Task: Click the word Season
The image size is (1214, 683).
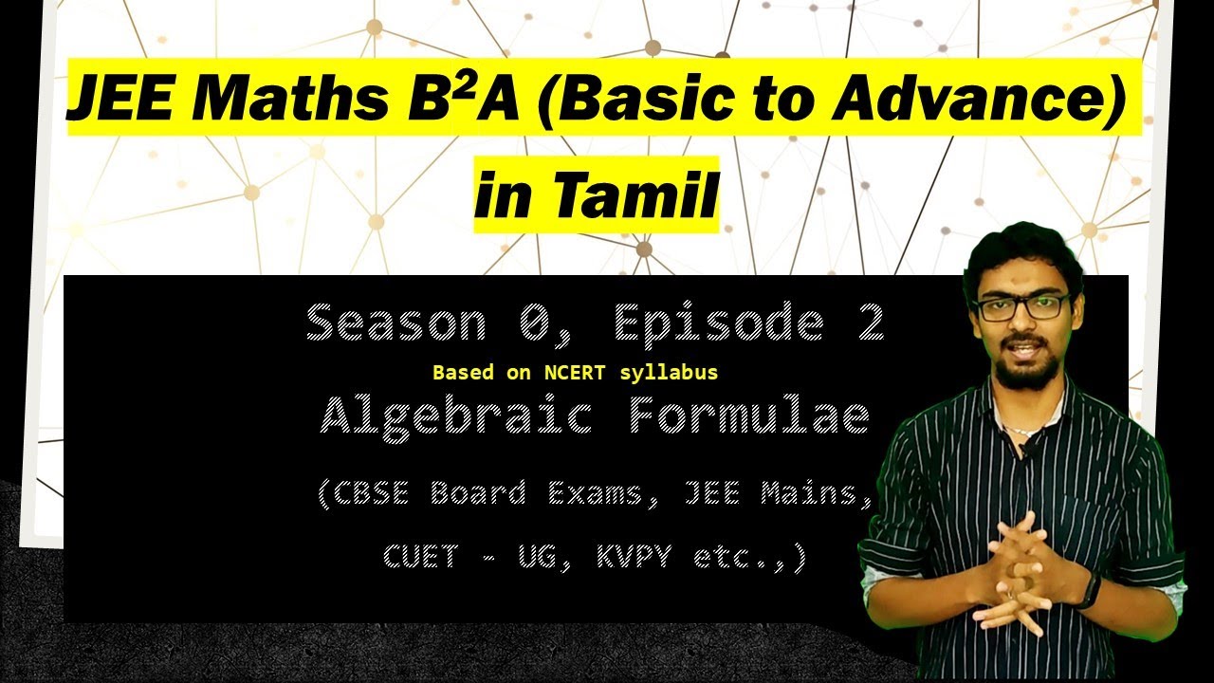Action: click(x=395, y=323)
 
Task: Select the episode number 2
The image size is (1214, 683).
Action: click(x=869, y=323)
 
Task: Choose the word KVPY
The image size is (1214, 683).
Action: click(x=634, y=556)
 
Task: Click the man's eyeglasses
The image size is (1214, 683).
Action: click(x=1021, y=306)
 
